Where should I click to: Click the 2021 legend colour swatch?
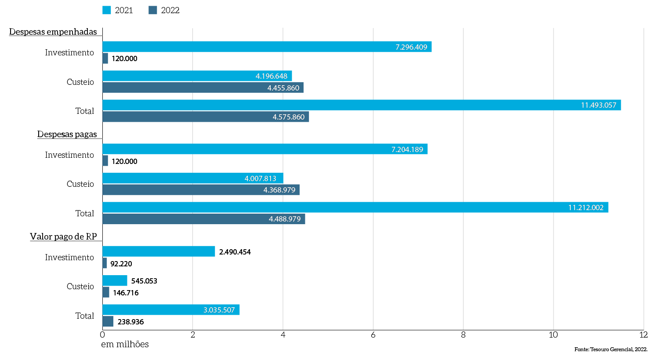106,10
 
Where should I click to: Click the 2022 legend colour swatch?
152,10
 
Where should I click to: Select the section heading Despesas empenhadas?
53,32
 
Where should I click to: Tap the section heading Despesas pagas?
67,134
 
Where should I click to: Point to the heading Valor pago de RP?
63,236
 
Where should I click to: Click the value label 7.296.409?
411,47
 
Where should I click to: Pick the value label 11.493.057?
598,105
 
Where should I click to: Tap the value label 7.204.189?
407,149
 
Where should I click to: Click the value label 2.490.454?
235,252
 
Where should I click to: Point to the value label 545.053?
144,281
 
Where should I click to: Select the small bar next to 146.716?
106,292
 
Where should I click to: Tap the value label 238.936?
130,322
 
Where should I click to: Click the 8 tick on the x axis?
463,335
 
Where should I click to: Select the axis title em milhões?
125,344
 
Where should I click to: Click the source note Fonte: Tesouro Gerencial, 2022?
611,349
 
